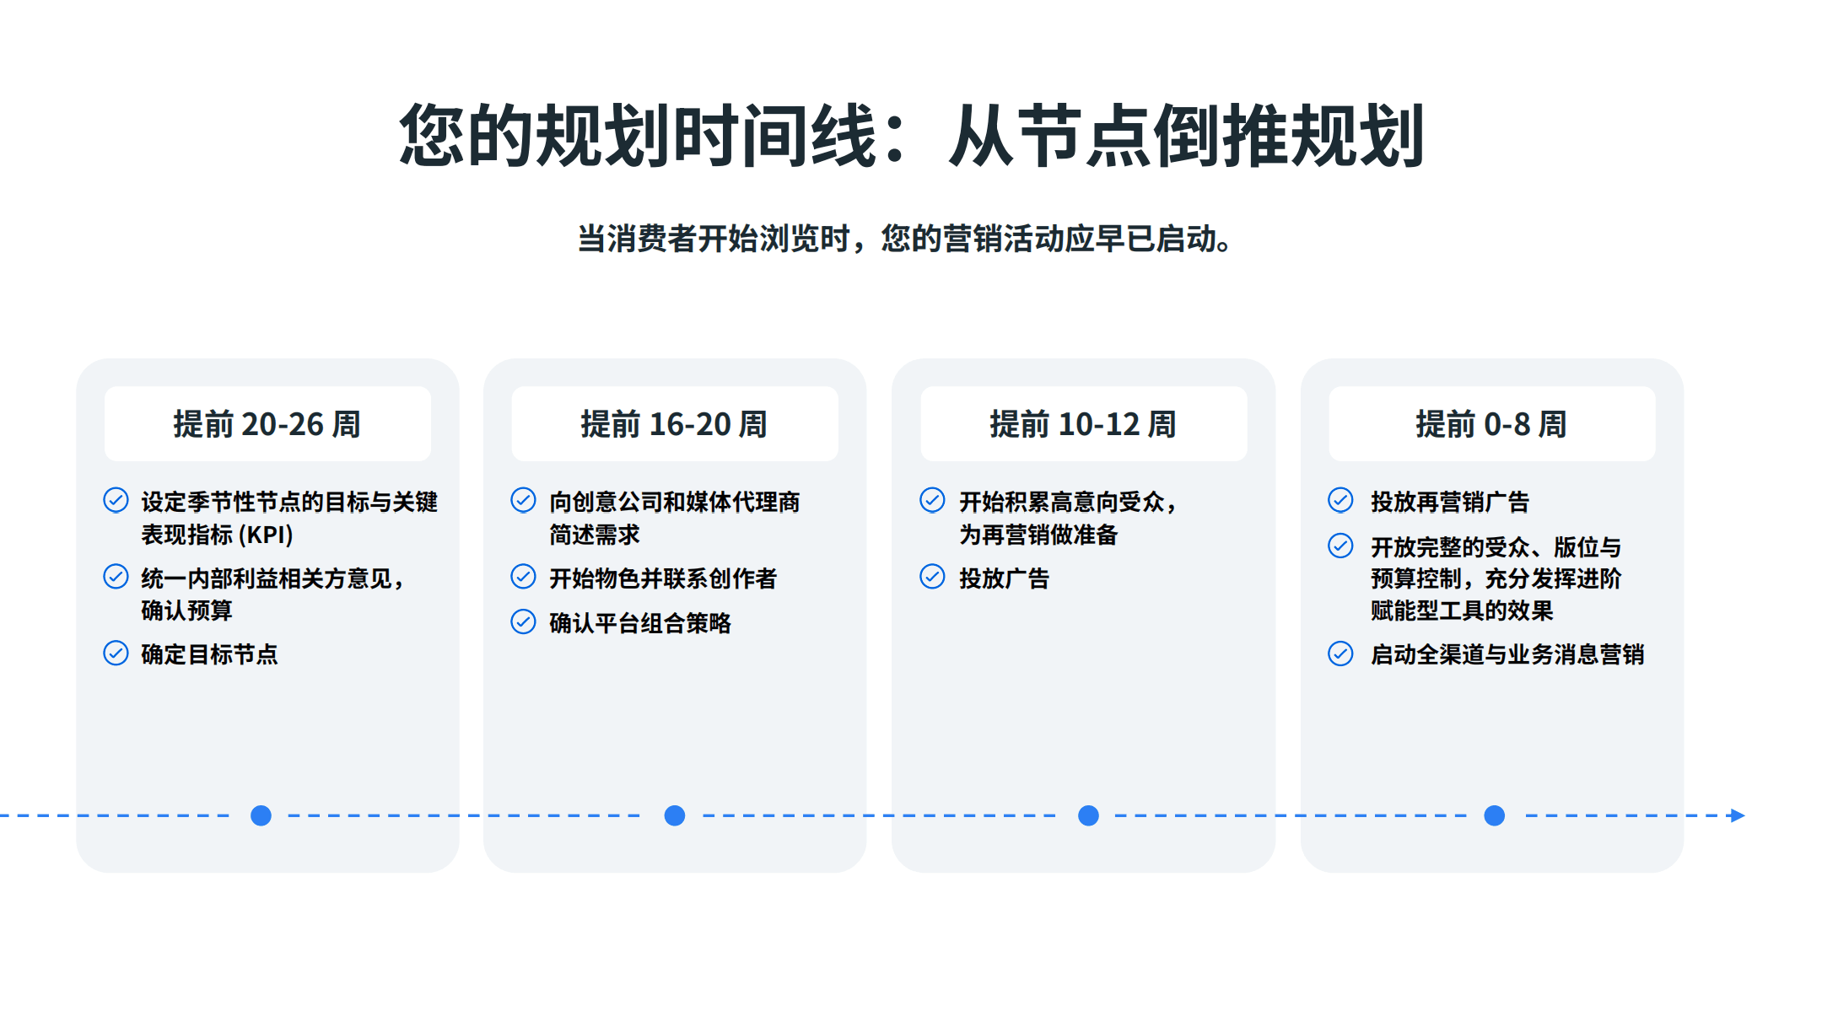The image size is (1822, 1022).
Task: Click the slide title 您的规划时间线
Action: [x=911, y=135]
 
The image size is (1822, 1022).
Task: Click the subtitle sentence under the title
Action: [x=904, y=239]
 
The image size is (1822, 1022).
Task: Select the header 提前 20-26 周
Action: [x=267, y=424]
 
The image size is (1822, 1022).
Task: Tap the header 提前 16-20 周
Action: [x=674, y=424]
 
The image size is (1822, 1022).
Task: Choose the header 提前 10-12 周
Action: [x=1083, y=424]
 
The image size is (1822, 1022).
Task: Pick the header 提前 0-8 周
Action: [x=1491, y=424]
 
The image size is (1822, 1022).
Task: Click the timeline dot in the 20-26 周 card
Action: [x=261, y=815]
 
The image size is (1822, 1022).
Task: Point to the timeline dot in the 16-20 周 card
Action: [x=675, y=815]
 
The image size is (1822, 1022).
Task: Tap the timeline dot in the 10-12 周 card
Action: [x=1089, y=815]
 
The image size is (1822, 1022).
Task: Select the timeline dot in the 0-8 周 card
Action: [x=1495, y=815]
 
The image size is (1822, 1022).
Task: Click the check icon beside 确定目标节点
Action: [x=116, y=654]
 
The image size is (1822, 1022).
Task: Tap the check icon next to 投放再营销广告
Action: [x=1340, y=500]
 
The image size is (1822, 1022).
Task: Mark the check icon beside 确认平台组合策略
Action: [x=523, y=622]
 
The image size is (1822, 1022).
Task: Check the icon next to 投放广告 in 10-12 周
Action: [x=932, y=577]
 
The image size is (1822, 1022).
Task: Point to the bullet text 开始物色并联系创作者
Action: [x=663, y=578]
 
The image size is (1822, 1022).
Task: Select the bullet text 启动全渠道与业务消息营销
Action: [x=1507, y=654]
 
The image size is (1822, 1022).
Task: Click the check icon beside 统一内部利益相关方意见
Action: [x=116, y=577]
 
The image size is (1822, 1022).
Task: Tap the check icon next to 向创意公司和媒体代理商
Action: [x=523, y=500]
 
